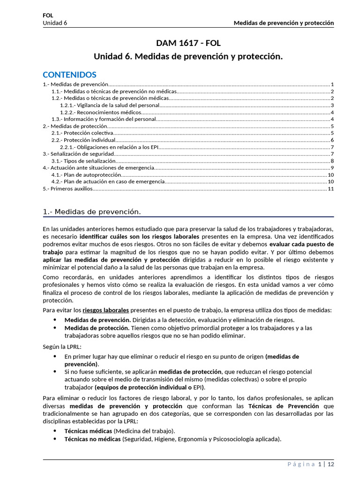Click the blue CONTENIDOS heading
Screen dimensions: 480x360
tap(69, 75)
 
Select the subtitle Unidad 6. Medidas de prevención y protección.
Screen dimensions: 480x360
tap(188, 57)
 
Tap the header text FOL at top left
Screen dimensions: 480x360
tap(48, 15)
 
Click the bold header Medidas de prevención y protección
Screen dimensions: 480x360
tap(284, 22)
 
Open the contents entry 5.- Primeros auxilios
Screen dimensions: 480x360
tap(68, 189)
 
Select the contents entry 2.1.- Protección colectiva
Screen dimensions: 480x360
tap(82, 133)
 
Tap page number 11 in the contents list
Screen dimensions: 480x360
tap(330, 189)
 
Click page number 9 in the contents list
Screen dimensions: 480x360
tap(332, 168)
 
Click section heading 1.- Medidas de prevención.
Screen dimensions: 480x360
tap(92, 212)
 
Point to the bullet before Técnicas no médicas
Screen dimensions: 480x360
tap(55, 439)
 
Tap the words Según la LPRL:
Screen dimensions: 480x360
tap(62, 346)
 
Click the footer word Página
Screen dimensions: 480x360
tap(301, 465)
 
